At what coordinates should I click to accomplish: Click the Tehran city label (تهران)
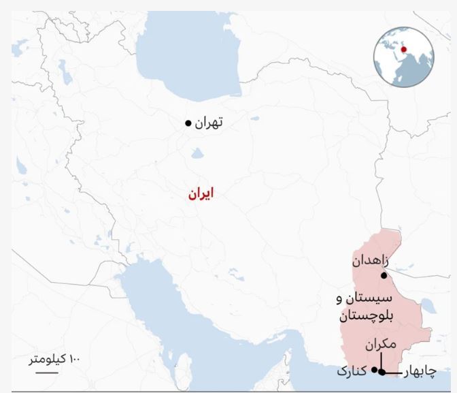(209, 123)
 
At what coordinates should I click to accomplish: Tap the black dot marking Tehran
(188, 123)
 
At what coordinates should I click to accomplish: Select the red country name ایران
(201, 194)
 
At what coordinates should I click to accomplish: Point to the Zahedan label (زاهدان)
(371, 261)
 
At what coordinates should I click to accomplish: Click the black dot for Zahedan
(384, 276)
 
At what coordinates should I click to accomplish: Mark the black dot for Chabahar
(382, 372)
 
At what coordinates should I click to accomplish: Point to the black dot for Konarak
(374, 368)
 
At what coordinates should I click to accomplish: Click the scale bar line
(46, 372)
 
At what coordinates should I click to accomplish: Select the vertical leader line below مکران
(382, 361)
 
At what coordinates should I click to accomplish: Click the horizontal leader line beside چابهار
(394, 372)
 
